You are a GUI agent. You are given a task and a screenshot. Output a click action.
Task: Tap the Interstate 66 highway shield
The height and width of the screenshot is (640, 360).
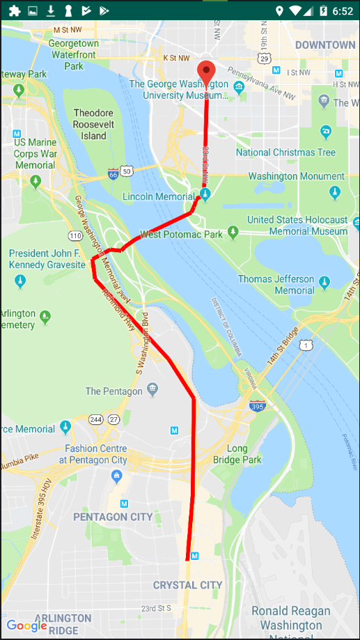pyautogui.click(x=113, y=171)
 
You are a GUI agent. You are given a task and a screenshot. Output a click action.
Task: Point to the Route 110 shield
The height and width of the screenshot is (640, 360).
pyautogui.click(x=76, y=236)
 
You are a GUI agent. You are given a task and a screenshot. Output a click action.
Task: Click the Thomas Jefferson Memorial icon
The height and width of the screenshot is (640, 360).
pyautogui.click(x=325, y=284)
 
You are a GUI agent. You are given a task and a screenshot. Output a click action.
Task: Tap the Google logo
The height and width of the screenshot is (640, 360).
pyautogui.click(x=26, y=625)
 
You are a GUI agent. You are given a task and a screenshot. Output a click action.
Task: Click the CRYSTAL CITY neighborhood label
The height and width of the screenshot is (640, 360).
pyautogui.click(x=187, y=585)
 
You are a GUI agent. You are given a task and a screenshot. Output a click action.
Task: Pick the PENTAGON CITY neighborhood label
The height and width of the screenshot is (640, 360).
pyautogui.click(x=113, y=517)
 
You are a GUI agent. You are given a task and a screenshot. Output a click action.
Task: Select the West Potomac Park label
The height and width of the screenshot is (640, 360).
pyautogui.click(x=181, y=235)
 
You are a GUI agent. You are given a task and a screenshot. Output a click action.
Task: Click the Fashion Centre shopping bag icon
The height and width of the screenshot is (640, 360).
pyautogui.click(x=116, y=476)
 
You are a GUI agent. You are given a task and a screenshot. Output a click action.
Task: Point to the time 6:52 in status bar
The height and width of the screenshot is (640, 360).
pyautogui.click(x=343, y=10)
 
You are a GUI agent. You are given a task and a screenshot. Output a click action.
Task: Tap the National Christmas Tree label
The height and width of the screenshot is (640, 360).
pyautogui.click(x=285, y=153)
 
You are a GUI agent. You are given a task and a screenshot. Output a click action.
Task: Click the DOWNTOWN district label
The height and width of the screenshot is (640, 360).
pyautogui.click(x=324, y=45)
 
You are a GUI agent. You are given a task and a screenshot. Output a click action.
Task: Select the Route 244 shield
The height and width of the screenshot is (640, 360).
pyautogui.click(x=95, y=419)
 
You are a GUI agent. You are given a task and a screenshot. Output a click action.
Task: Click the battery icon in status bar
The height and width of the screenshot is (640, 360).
pyautogui.click(x=323, y=10)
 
